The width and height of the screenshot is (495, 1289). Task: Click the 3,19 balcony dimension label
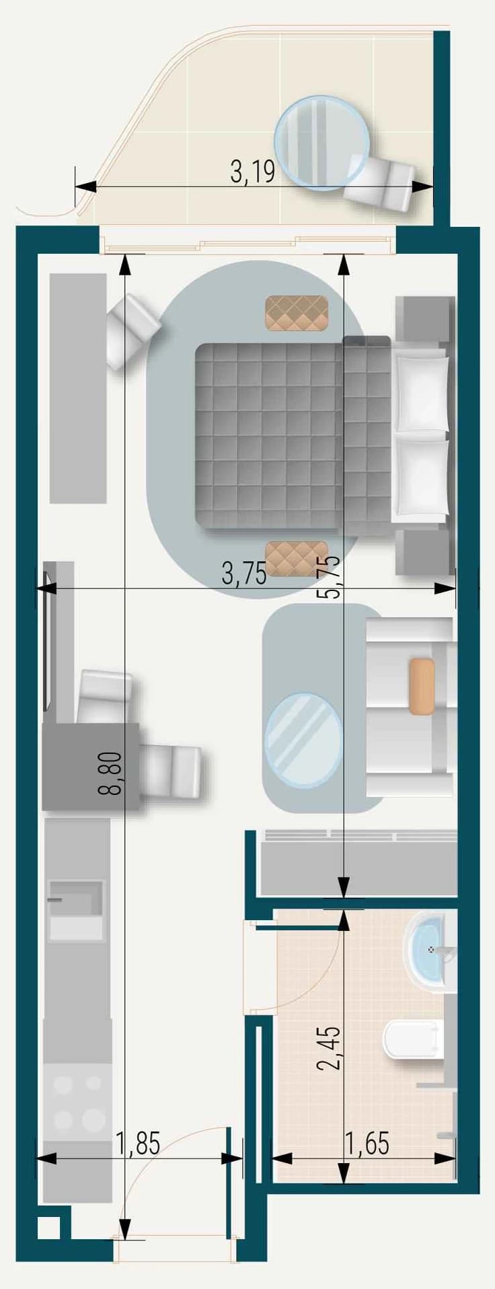pos(252,172)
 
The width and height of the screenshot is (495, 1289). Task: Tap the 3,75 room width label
pos(244,574)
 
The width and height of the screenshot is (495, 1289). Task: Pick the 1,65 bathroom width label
pos(367,1142)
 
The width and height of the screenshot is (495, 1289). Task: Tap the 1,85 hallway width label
pos(138,1142)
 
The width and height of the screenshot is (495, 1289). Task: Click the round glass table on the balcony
pos(322,143)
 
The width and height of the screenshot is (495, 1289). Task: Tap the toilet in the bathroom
pos(414,1039)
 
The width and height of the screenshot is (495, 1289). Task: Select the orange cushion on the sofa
pos(422,686)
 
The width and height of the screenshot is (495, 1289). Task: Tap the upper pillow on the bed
pos(422,394)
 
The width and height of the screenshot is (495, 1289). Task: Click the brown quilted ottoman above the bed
pos(297,314)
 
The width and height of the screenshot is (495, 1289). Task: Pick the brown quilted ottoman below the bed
pos(297,559)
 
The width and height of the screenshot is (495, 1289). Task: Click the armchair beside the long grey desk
pos(134,330)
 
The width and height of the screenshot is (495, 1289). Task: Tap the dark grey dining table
pos(91,766)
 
